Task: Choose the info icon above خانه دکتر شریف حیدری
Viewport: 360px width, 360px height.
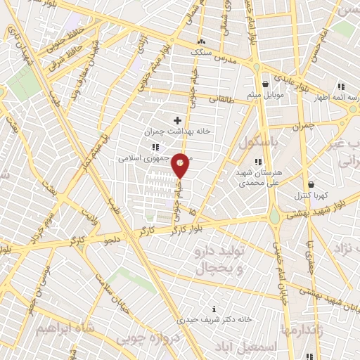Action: (x=214, y=308)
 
